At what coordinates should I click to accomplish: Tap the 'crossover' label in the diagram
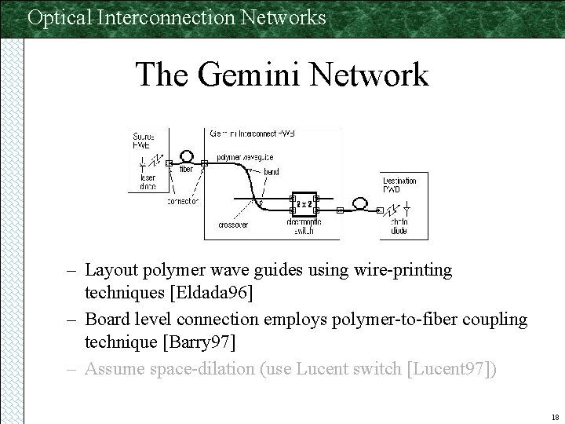click(233, 225)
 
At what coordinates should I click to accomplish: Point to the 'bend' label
click(270, 171)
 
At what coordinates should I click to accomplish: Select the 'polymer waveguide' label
click(245, 157)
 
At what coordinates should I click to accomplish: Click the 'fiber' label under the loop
click(186, 169)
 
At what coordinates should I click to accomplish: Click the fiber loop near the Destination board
click(360, 203)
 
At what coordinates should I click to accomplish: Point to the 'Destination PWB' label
click(399, 185)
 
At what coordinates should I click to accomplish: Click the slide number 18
click(554, 416)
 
